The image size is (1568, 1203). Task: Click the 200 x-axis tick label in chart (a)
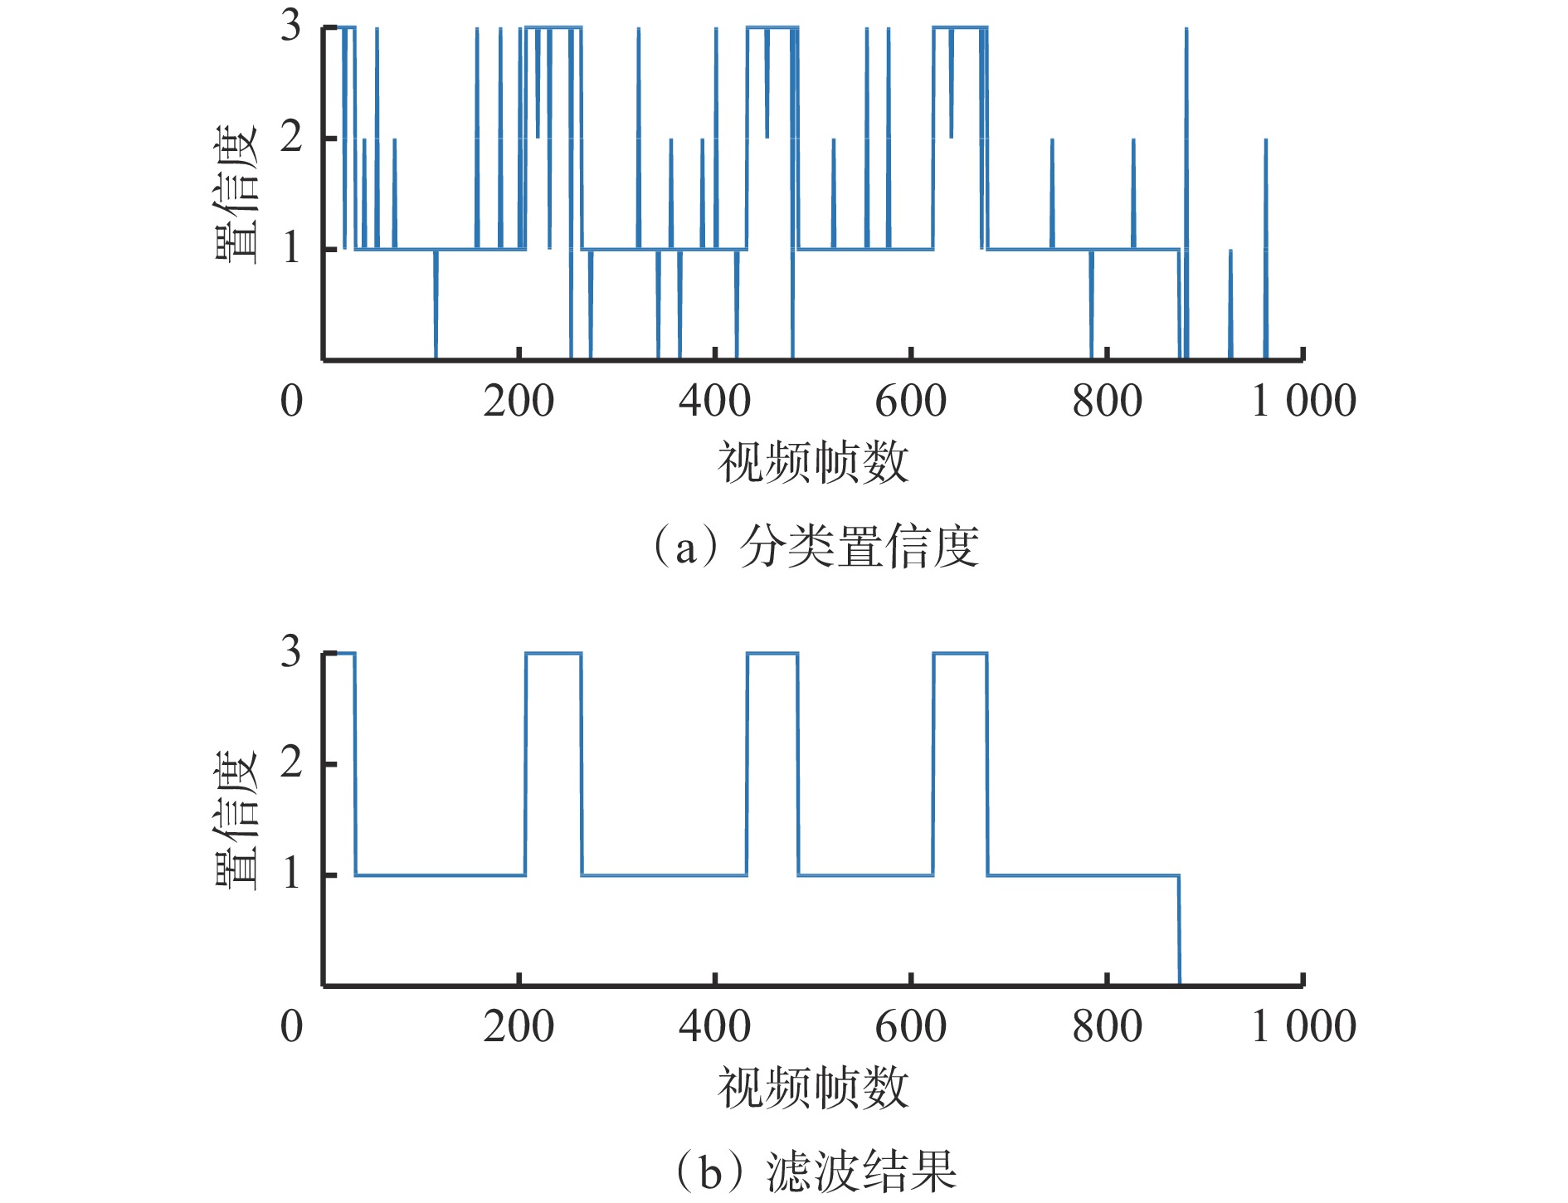pyautogui.click(x=519, y=402)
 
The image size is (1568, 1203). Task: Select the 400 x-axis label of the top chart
pyautogui.click(x=714, y=402)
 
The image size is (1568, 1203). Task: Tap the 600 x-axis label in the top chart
pyautogui.click(x=911, y=402)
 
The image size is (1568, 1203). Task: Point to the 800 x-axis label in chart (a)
pyautogui.click(x=1107, y=402)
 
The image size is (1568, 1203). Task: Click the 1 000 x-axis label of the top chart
pyautogui.click(x=1303, y=402)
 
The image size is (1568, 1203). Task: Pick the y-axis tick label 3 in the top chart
pyautogui.click(x=290, y=26)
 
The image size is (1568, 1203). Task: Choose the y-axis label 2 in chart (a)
pyautogui.click(x=290, y=137)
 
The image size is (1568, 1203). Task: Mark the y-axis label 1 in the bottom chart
pyautogui.click(x=290, y=874)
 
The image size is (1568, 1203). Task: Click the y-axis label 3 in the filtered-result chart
pyautogui.click(x=290, y=652)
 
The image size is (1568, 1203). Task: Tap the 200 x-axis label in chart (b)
pyautogui.click(x=519, y=1027)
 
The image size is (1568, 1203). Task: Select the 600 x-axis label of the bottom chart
pyautogui.click(x=911, y=1027)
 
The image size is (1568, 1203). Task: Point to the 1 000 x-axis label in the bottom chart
pyautogui.click(x=1303, y=1027)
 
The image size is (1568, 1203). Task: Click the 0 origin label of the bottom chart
pyautogui.click(x=291, y=1027)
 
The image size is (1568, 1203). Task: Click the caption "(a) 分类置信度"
pyautogui.click(x=816, y=548)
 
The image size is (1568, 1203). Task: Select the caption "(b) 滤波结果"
pyautogui.click(x=816, y=1171)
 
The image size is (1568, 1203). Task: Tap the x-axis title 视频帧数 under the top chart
pyautogui.click(x=813, y=462)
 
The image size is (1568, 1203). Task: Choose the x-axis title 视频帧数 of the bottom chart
pyautogui.click(x=813, y=1088)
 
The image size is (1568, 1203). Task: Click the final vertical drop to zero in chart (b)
pyautogui.click(x=1179, y=929)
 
